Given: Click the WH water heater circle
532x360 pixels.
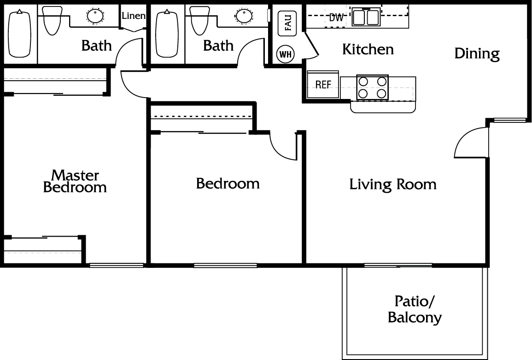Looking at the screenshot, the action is click(285, 54).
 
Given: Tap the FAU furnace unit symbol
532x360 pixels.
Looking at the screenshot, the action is click(287, 23).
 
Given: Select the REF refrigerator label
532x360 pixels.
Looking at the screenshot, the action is click(323, 84).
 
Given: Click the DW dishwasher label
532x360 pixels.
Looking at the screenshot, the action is click(336, 17).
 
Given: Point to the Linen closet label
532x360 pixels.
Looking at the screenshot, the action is click(134, 16).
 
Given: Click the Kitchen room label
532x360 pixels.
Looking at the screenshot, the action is click(368, 50).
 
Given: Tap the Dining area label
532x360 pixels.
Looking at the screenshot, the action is click(477, 54).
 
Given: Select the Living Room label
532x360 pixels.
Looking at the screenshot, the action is click(393, 185).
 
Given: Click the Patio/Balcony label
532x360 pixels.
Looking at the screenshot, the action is click(415, 309).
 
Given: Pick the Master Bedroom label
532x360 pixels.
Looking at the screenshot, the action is click(75, 181).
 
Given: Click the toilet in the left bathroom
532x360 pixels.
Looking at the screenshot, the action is click(52, 20).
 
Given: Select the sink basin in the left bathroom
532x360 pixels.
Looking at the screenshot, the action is click(95, 16).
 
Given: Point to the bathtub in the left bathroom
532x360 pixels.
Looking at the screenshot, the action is click(20, 34).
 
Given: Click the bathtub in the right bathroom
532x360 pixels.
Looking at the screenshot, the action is click(167, 34).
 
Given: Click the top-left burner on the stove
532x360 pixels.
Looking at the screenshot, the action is click(363, 81).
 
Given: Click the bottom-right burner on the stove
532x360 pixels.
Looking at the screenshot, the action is click(382, 93).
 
